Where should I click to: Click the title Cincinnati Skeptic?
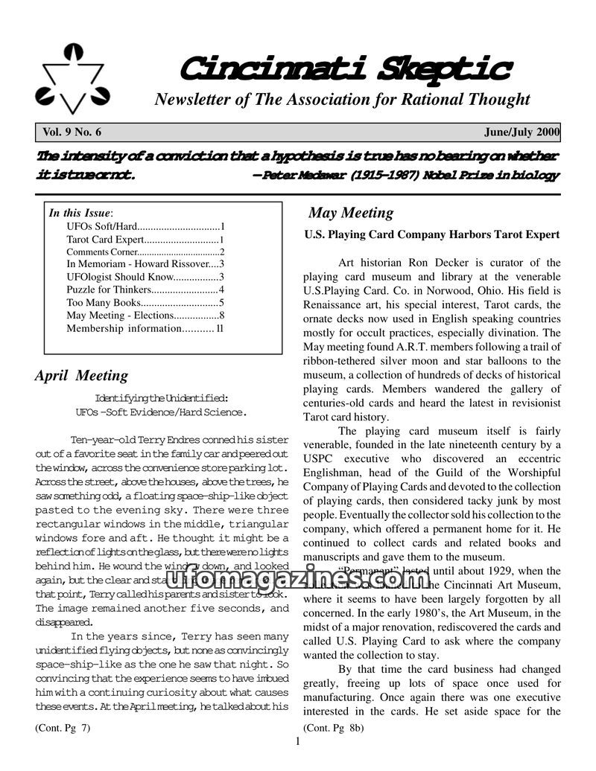click(344, 69)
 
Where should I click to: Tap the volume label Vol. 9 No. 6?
click(72, 132)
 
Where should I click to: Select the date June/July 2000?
click(521, 132)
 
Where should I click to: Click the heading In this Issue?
click(79, 213)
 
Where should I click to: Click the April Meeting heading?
click(81, 375)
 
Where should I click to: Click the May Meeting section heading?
click(351, 213)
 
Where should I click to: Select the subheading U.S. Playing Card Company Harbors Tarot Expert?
click(432, 234)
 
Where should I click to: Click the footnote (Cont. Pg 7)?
click(63, 728)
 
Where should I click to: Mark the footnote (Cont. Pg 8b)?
click(333, 728)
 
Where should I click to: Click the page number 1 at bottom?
click(298, 741)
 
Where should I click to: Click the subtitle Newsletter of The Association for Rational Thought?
click(342, 100)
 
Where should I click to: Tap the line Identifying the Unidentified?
click(162, 397)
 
